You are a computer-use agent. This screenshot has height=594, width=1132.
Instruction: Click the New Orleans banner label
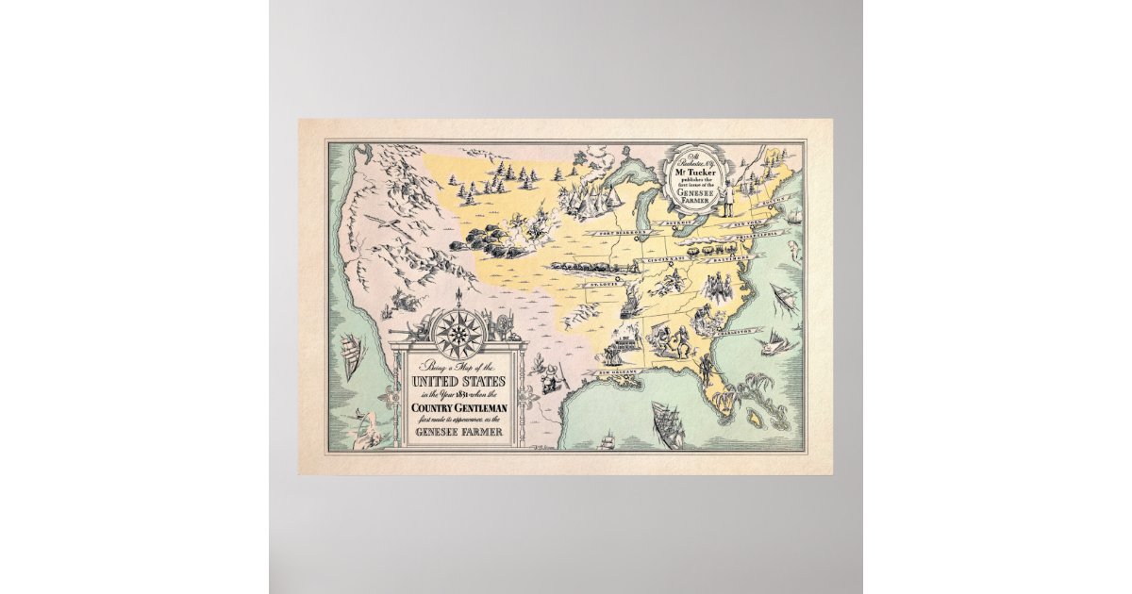pos(613,374)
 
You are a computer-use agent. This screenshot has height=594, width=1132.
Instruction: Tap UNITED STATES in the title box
pos(458,381)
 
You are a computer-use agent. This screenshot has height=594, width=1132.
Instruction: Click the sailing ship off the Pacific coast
pos(351,358)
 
